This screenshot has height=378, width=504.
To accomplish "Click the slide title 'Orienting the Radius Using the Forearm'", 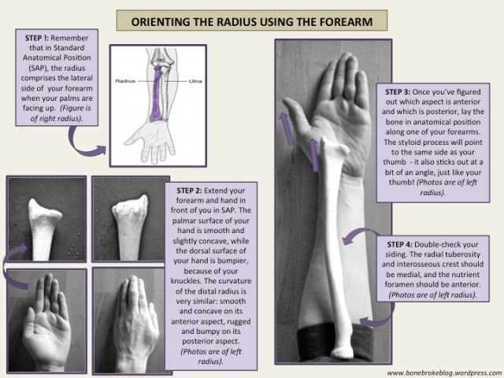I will pyautogui.click(x=252, y=18).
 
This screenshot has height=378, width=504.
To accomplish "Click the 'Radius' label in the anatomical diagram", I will pyautogui.click(x=127, y=80).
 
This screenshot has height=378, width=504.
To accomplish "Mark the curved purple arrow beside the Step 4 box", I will pyautogui.click(x=362, y=236).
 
